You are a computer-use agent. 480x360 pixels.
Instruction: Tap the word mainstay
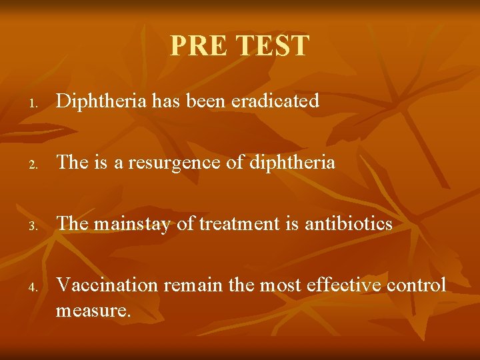coord(133,224)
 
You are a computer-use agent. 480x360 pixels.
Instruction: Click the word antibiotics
coord(349,224)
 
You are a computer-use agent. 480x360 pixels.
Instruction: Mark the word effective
coord(342,285)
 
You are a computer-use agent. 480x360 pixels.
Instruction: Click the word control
coord(417,285)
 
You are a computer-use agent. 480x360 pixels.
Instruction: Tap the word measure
coord(93,309)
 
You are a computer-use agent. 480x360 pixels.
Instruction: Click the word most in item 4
coord(279,285)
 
